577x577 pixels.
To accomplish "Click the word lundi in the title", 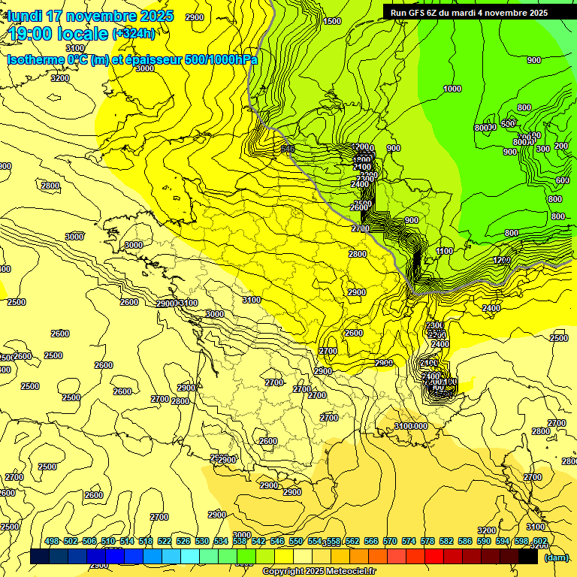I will coord(25,16).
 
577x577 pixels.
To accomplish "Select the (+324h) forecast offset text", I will coord(134,34).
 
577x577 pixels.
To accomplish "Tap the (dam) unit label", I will coord(556,557).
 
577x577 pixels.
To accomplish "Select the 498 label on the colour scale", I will coord(52,542).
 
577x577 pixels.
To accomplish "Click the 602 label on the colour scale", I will coord(540,542).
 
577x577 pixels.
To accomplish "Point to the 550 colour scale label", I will coord(296,542).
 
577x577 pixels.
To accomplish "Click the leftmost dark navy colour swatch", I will coord(40,557).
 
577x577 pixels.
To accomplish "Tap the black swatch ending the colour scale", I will coord(528,557).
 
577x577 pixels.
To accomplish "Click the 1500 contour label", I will coord(332,21).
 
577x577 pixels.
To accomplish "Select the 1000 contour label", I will coord(452,89).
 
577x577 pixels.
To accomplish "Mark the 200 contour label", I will coord(561,146).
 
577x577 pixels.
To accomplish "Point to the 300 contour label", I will coord(543,149).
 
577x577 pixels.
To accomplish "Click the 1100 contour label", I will coord(445,251).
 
